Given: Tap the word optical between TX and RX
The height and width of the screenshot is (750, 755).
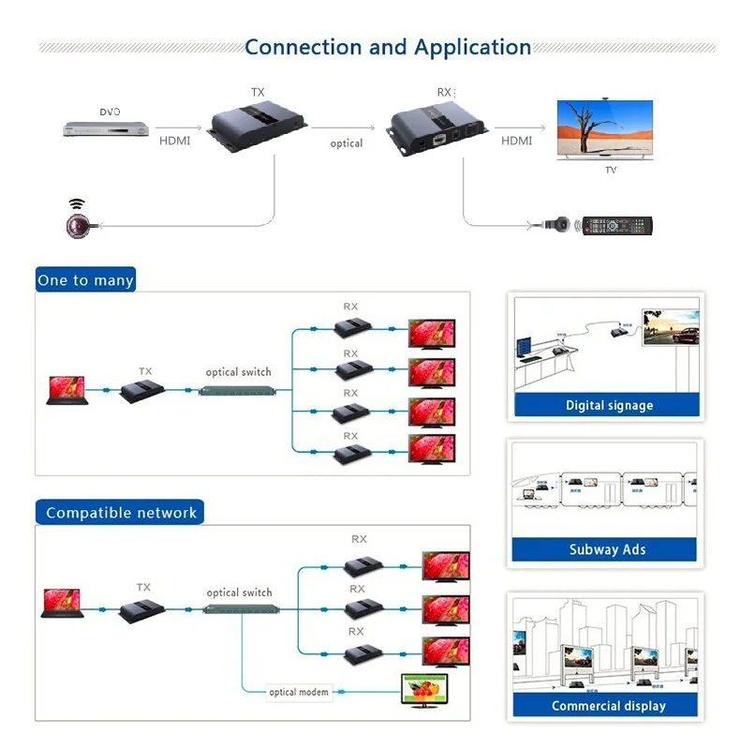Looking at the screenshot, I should [347, 143].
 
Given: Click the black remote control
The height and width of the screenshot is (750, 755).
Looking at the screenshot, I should [617, 226].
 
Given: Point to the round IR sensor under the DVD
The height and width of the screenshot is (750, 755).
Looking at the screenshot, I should [77, 225].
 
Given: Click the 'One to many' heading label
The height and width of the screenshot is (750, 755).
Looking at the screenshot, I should [85, 280].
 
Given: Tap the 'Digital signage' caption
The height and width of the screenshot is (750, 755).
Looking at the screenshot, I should [609, 406].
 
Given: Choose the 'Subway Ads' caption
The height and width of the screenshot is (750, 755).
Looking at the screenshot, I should [607, 550].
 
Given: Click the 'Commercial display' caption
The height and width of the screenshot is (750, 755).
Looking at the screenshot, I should [608, 706].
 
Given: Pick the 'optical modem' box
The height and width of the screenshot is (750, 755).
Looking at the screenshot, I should [298, 693].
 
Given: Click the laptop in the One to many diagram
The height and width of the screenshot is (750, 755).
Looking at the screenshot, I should [67, 391].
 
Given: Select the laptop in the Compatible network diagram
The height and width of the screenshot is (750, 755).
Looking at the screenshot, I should [62, 604].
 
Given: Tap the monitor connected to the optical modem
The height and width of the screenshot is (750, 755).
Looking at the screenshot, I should [423, 689].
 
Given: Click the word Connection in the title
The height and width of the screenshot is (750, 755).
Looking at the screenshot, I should [303, 48].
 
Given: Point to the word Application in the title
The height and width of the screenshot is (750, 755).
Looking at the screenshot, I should [473, 48].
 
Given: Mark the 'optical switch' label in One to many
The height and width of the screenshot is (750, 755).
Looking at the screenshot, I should [238, 372].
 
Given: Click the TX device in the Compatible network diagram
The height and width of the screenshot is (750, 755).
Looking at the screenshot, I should [143, 610].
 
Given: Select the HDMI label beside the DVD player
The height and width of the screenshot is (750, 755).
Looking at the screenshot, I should [175, 141].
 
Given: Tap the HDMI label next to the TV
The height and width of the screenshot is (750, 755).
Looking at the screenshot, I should [516, 141].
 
